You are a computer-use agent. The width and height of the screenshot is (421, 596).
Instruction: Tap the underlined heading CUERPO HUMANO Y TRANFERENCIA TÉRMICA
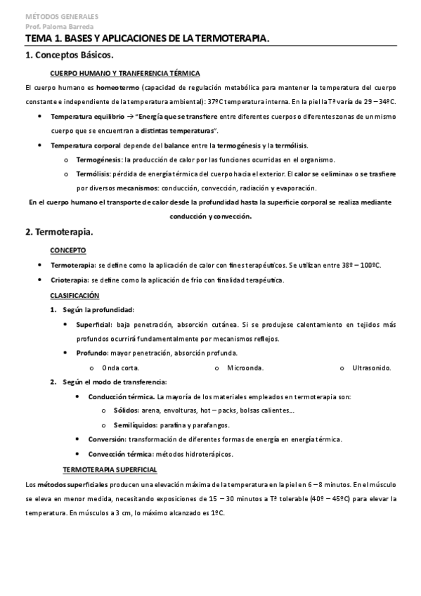point(126,73)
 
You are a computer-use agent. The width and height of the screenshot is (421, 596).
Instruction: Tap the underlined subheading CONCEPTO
point(68,250)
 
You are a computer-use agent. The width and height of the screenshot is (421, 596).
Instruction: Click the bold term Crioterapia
point(69,280)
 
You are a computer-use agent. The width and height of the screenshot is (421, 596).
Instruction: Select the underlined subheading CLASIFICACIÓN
point(75,295)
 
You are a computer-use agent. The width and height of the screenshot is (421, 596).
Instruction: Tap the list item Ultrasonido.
point(371,368)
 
